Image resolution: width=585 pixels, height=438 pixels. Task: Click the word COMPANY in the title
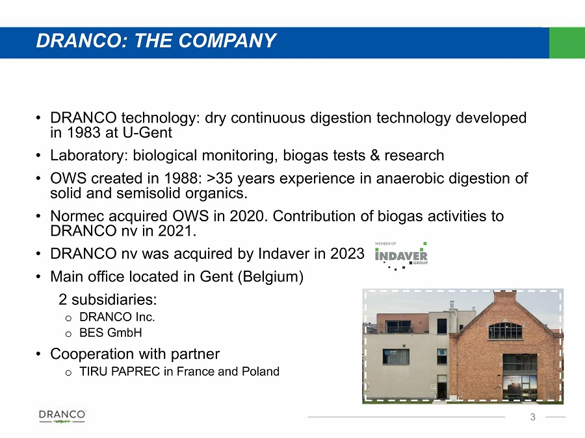tap(227, 41)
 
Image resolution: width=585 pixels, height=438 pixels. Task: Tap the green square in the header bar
tap(567, 42)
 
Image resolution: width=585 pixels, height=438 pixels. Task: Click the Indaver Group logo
tap(401, 256)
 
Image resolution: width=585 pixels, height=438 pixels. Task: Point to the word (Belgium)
tap(270, 276)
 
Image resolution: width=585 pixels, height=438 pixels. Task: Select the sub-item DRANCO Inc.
tap(117, 317)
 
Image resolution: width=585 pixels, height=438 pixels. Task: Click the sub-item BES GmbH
tap(110, 333)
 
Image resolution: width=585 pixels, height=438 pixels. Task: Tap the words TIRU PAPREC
tap(120, 371)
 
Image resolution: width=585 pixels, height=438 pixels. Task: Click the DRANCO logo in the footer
tap(62, 417)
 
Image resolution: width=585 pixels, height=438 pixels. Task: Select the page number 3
tap(533, 417)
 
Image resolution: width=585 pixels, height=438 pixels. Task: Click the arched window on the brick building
tap(506, 331)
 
